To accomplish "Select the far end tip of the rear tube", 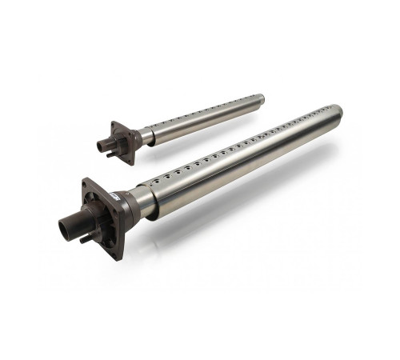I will point(259,99).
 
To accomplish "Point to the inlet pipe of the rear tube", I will point(102,146).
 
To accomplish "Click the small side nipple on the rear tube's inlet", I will point(110,154).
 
